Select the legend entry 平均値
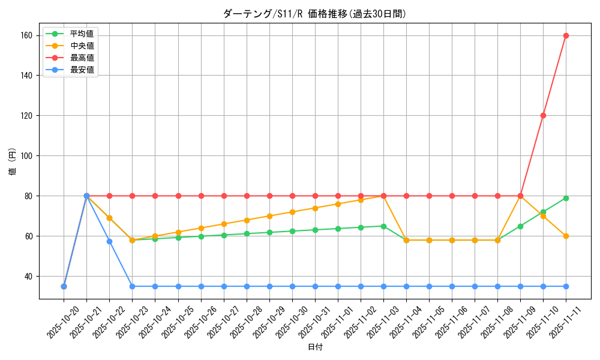tap(81, 34)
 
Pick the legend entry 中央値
tap(81, 46)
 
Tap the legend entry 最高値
tap(81, 58)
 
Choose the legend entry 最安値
tap(81, 70)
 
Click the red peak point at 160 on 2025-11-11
tap(566, 35)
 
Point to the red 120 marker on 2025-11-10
tap(543, 115)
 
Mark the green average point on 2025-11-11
tap(566, 198)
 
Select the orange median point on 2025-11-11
tap(566, 236)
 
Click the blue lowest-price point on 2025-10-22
tap(109, 241)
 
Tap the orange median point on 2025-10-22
tap(109, 218)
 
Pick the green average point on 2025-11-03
tap(383, 226)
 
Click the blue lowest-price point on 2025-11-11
tap(566, 286)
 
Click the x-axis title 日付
tap(314, 347)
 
